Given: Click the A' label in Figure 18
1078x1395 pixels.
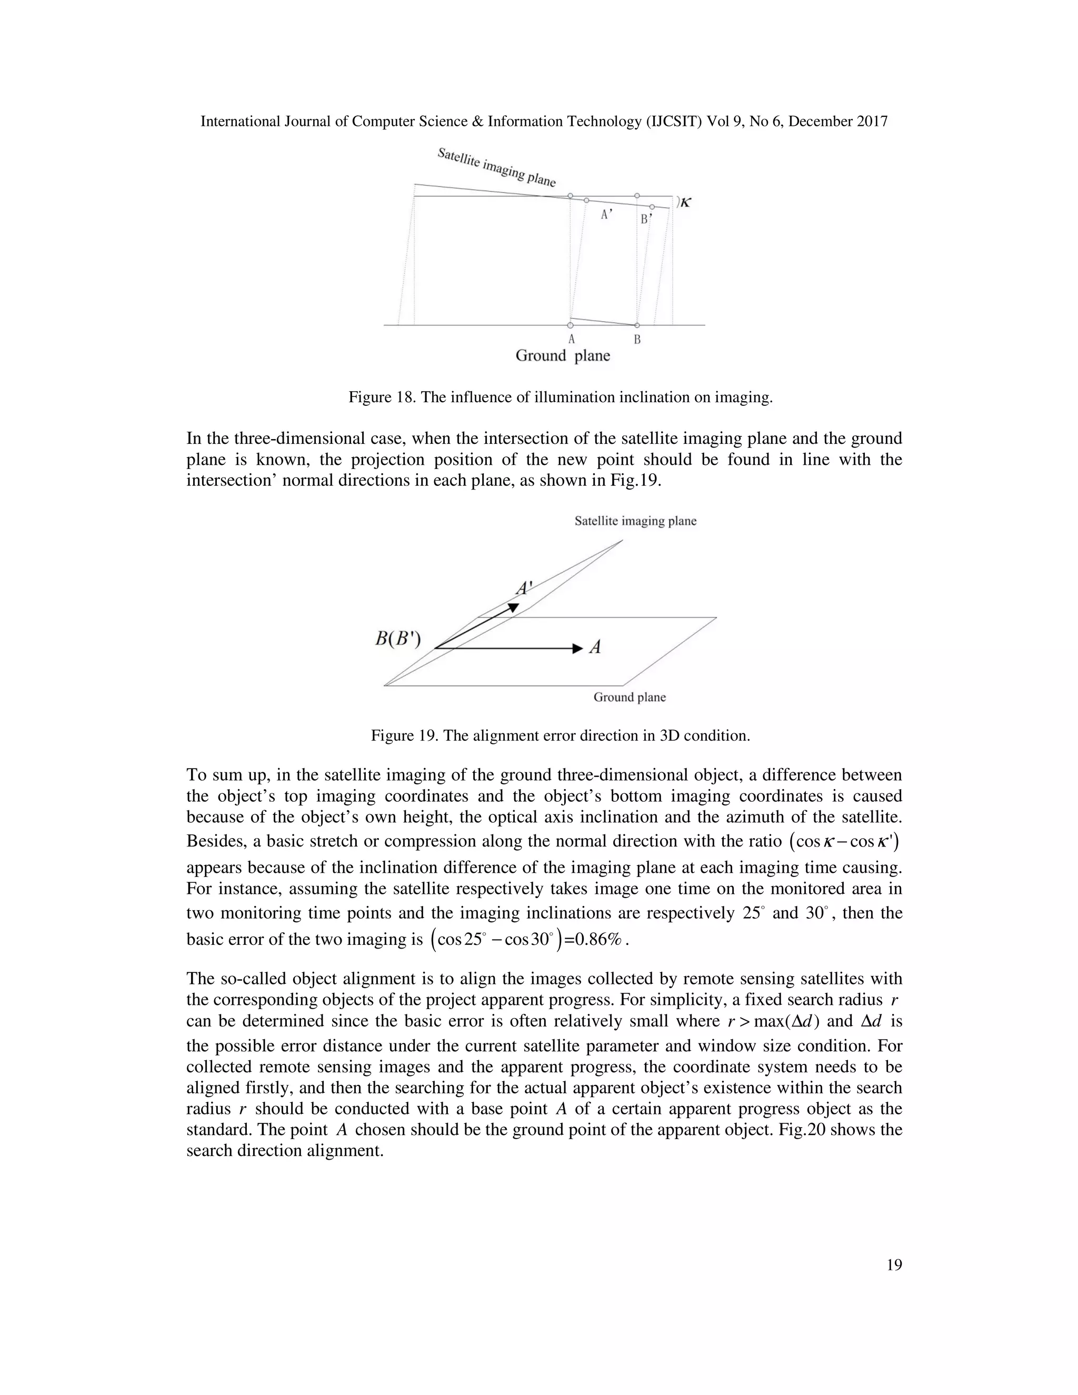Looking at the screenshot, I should (607, 216).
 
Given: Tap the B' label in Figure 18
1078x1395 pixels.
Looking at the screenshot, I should (646, 220).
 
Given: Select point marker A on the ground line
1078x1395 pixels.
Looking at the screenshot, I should (570, 325).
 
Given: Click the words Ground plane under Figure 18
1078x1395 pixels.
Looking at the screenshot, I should (563, 356).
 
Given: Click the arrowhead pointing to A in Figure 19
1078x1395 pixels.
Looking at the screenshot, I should (577, 649).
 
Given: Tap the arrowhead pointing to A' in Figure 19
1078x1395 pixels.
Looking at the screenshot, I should (513, 607).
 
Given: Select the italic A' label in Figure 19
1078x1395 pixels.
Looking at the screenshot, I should (524, 587).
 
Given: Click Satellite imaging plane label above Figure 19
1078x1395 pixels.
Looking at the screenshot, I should (635, 521).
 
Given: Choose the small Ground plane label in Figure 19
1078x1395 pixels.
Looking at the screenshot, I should (629, 697).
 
